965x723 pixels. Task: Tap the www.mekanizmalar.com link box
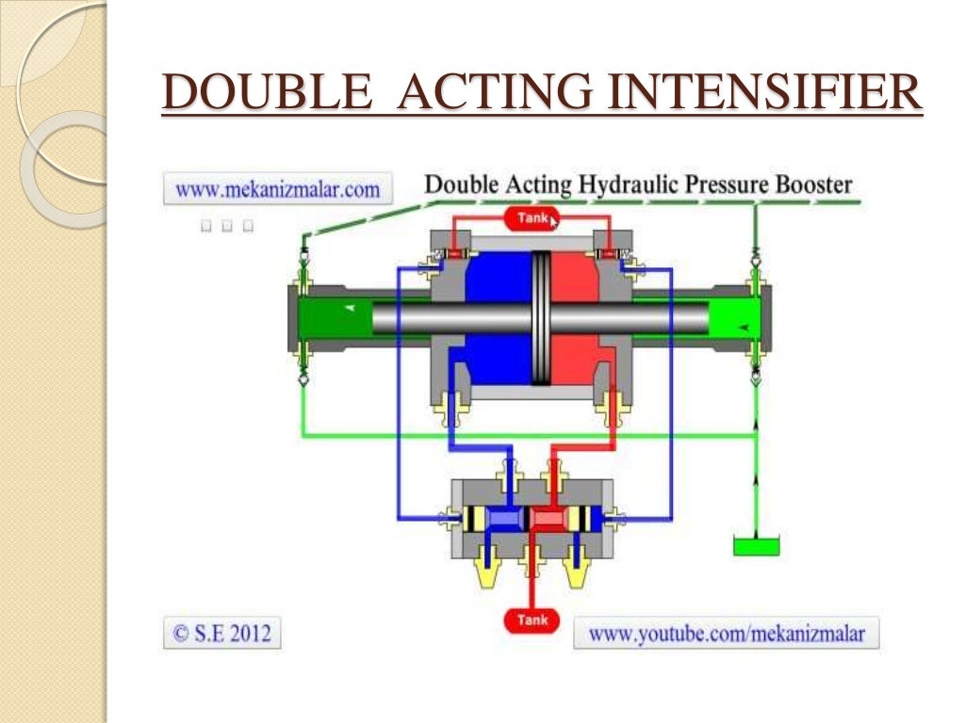[x=277, y=189]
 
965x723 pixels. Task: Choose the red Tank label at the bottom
[x=532, y=620]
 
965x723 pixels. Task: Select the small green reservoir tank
[x=756, y=545]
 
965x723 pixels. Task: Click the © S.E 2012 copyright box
[x=222, y=633]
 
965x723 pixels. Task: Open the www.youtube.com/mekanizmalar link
[x=726, y=633]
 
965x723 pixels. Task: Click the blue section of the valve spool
[x=506, y=519]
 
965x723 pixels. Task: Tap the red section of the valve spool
[x=548, y=519]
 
